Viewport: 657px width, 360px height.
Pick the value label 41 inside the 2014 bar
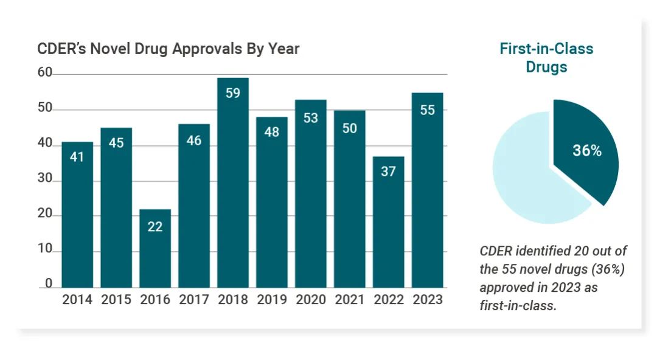coord(77,157)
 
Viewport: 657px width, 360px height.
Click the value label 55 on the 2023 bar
coord(428,111)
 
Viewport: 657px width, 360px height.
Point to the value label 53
coord(311,118)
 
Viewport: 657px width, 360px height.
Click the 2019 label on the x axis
coord(272,300)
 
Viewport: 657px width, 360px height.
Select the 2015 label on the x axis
coord(116,300)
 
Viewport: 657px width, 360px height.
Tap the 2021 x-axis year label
coord(350,300)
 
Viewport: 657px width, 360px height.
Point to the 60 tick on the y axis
coord(45,74)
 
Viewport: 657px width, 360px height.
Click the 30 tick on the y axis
coord(45,181)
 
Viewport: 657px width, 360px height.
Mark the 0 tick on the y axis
coord(49,285)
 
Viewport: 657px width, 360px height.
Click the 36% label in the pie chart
coord(587,151)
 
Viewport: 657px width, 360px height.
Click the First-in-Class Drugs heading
coord(546,58)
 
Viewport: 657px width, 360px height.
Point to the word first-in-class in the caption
coord(518,305)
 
